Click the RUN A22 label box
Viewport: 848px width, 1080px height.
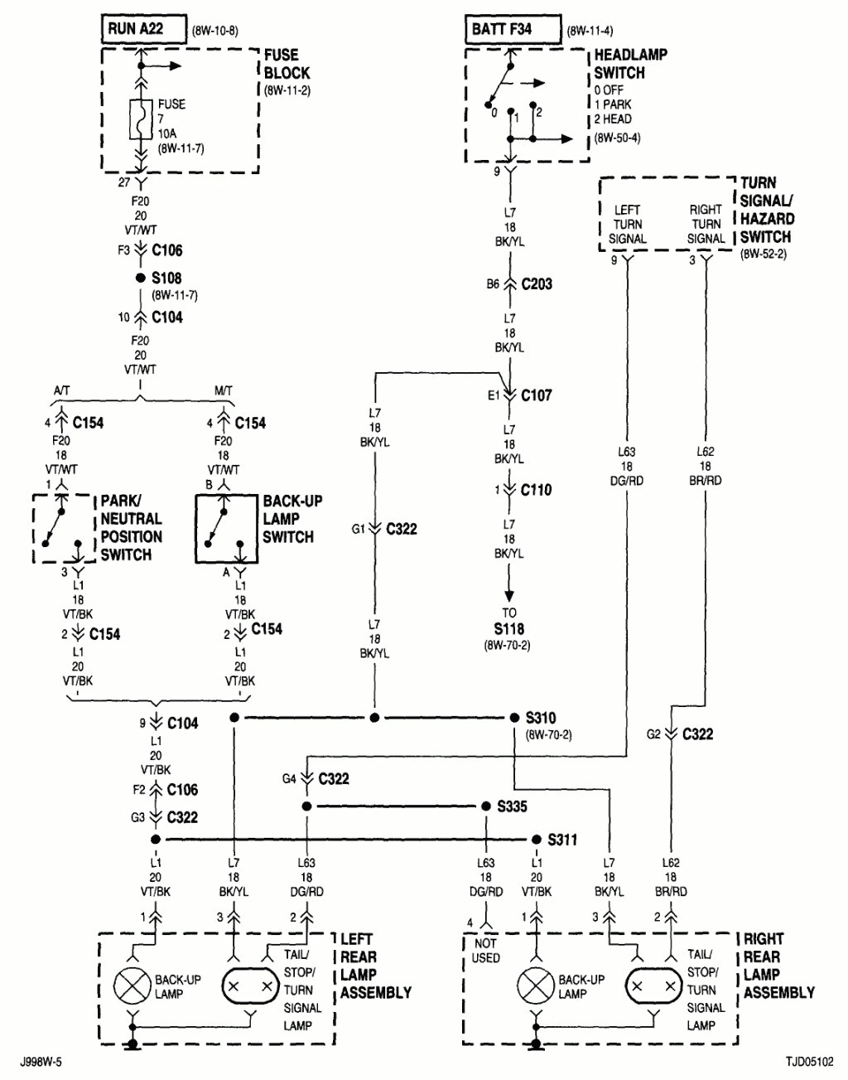pos(137,29)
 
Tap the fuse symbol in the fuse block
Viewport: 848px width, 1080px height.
pos(141,119)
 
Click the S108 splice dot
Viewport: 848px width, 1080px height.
pos(141,278)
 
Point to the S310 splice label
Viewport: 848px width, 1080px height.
pos(541,718)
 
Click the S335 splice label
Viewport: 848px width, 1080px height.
pos(512,806)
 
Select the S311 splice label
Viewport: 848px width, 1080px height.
pos(562,840)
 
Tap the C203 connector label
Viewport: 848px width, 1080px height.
pos(537,284)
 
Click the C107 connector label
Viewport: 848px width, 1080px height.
pos(536,395)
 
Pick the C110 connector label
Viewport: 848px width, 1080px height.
pos(536,490)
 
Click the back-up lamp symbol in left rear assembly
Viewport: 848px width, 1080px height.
pos(132,986)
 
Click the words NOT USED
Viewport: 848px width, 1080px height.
pos(486,951)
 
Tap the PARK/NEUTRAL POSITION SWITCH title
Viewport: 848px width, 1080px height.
pos(131,528)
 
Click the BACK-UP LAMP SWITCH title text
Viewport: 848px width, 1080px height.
pos(291,519)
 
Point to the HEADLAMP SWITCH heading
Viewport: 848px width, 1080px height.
pos(630,64)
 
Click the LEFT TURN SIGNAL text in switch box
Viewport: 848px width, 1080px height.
pos(627,225)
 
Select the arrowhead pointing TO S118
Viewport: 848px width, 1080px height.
pos(509,596)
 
